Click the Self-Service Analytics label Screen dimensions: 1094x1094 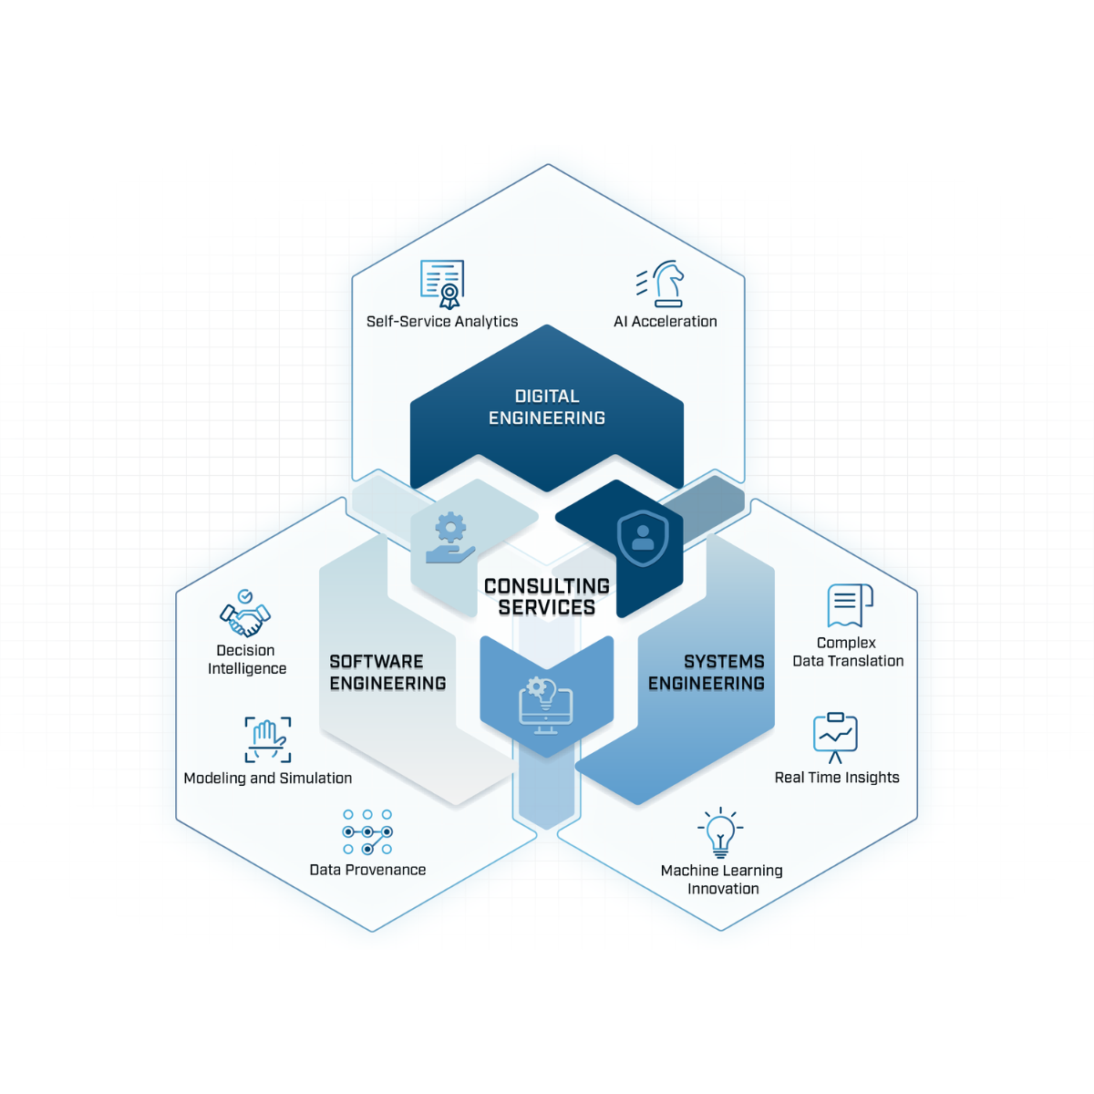(x=441, y=321)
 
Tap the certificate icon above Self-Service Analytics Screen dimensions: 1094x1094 (x=442, y=284)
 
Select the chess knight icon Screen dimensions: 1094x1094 (x=660, y=284)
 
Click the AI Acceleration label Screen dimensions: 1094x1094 (x=665, y=321)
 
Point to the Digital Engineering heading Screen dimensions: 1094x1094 (x=547, y=407)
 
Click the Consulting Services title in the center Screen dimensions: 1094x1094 (x=547, y=596)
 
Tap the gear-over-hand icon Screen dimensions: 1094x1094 (x=450, y=538)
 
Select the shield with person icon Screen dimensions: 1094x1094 (x=643, y=538)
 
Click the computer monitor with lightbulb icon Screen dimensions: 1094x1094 (x=545, y=706)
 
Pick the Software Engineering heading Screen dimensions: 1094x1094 (x=387, y=672)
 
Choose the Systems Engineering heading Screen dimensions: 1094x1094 (x=707, y=672)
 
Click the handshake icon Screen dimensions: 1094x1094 (x=245, y=614)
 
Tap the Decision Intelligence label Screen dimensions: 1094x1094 (x=246, y=659)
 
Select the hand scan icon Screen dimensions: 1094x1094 (x=268, y=739)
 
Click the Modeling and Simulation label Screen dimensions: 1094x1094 (x=267, y=778)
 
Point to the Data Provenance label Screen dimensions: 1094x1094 (x=367, y=870)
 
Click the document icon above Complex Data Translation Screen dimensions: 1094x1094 (x=850, y=605)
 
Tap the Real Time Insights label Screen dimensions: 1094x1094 (x=837, y=778)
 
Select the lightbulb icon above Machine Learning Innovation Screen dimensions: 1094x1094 (x=720, y=832)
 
